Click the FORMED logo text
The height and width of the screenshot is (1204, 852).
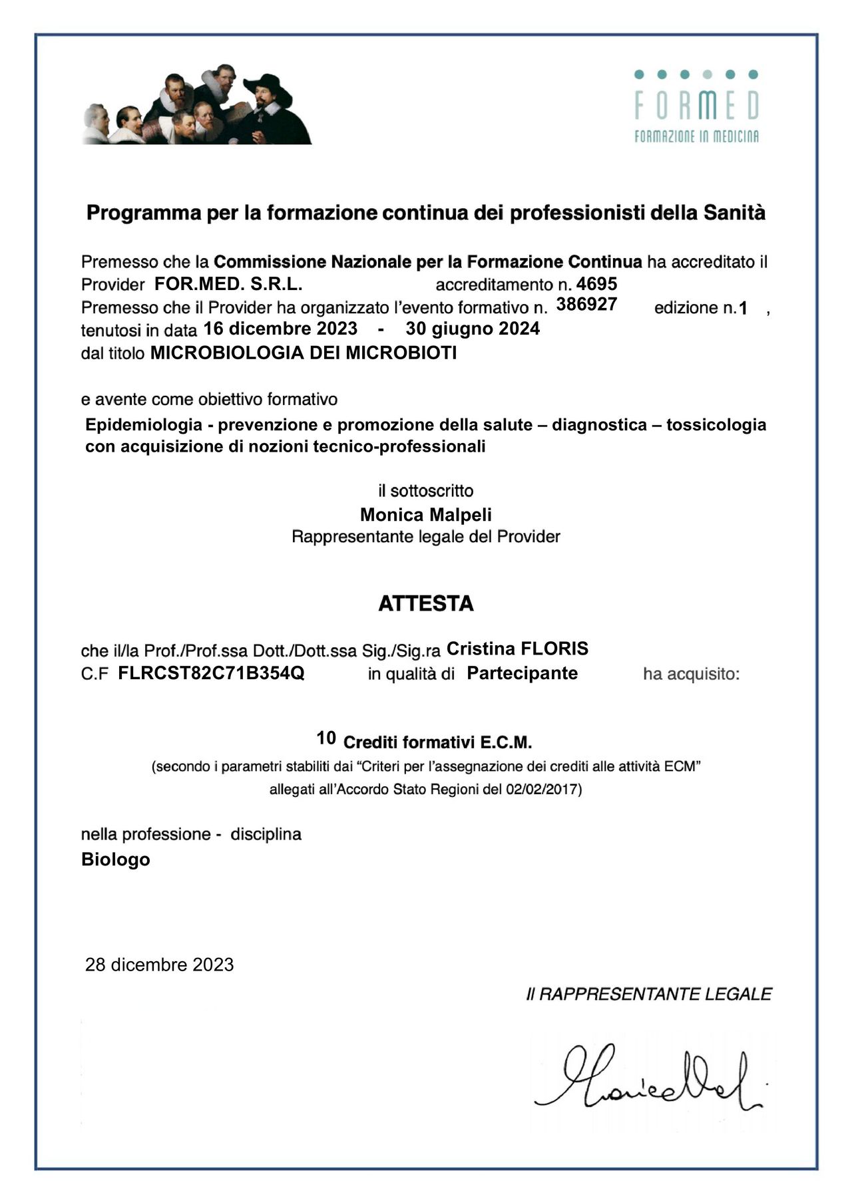coord(696,105)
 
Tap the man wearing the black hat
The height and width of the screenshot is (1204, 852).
coord(266,106)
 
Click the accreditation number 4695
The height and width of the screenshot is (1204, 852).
coord(596,284)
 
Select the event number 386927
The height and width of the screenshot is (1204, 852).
coord(586,305)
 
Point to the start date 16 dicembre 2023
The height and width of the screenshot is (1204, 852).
coord(280,329)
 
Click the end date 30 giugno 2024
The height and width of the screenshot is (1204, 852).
coord(473,329)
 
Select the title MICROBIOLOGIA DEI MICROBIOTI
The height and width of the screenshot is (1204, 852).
coord(304,353)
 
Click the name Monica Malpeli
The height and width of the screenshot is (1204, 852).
coord(426,515)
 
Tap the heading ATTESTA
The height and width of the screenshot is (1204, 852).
coord(426,603)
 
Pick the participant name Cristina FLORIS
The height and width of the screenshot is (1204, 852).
coord(517,649)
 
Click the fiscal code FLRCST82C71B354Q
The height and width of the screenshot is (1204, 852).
coord(211,673)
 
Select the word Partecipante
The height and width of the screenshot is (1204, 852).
coord(522,673)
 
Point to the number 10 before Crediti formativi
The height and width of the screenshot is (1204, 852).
coord(326,738)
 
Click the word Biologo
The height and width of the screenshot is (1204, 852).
coord(116,859)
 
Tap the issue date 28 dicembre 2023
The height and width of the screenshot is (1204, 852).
coord(160,965)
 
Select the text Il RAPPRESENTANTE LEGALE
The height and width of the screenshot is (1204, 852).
coord(649,994)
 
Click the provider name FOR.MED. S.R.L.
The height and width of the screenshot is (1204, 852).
coord(228,284)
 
